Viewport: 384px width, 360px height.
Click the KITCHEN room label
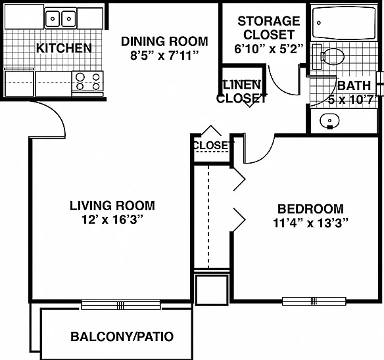click(x=64, y=48)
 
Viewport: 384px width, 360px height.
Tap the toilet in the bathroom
click(x=329, y=56)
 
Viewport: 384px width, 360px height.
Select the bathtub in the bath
click(x=344, y=23)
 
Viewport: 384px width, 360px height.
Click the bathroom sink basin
click(x=329, y=121)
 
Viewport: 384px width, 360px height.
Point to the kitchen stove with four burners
click(x=87, y=83)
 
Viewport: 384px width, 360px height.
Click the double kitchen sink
click(x=60, y=18)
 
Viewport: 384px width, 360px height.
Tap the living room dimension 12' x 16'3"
click(x=112, y=219)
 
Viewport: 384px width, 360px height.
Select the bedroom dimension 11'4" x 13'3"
click(x=310, y=223)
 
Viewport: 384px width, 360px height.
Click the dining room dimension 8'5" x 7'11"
click(x=164, y=55)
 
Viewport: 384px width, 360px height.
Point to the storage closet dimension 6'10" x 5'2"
click(x=269, y=49)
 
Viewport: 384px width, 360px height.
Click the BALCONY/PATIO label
click(x=122, y=336)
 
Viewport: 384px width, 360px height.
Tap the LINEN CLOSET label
click(x=241, y=91)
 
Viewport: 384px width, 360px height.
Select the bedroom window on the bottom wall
click(x=314, y=301)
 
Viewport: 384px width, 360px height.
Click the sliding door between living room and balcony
click(x=120, y=305)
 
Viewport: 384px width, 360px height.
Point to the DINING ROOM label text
click(x=164, y=41)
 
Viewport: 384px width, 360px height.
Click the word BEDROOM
click(x=310, y=209)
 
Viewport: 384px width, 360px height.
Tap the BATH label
click(x=354, y=85)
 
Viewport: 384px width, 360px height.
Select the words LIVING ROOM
click(x=112, y=206)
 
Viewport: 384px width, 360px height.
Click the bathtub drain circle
click(x=319, y=23)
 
